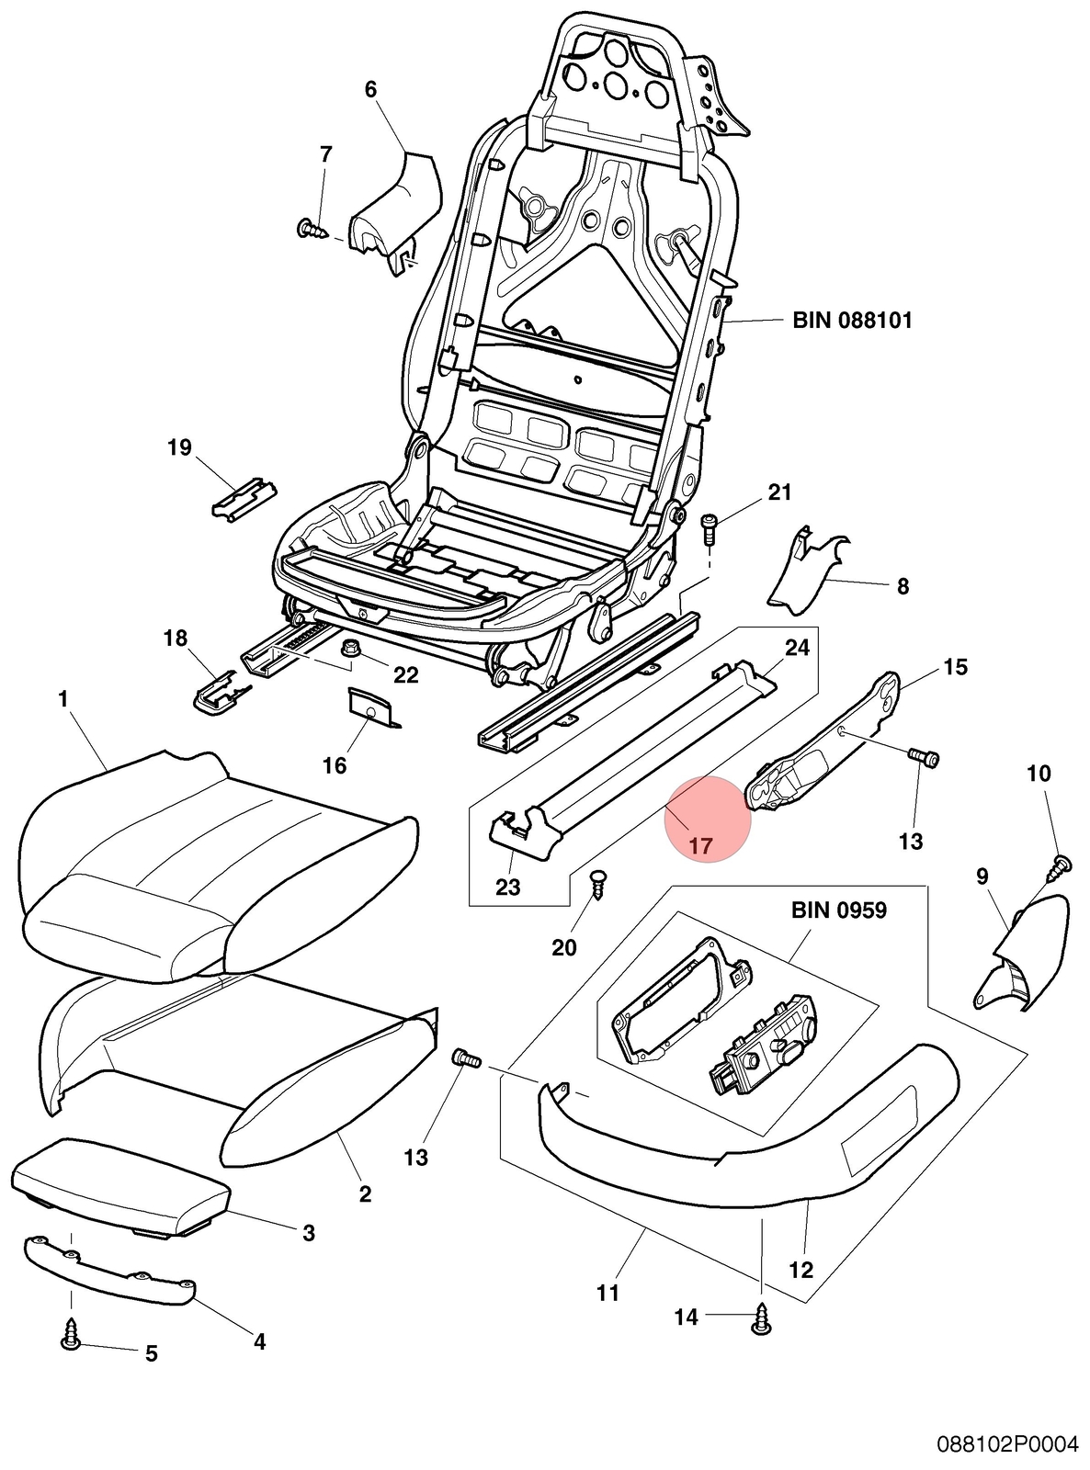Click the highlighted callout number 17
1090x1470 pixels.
pyautogui.click(x=700, y=845)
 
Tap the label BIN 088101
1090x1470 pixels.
pyautogui.click(x=852, y=321)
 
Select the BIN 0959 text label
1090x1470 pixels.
pyautogui.click(x=839, y=910)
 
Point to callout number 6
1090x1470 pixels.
pyautogui.click(x=370, y=89)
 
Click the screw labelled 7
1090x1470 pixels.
pyautogui.click(x=313, y=230)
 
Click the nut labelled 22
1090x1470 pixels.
pyautogui.click(x=348, y=648)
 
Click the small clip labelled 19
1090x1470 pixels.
pyautogui.click(x=244, y=497)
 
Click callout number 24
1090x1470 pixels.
pyautogui.click(x=797, y=647)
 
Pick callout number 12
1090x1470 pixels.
pyautogui.click(x=800, y=1269)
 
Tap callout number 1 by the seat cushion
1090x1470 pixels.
pyautogui.click(x=63, y=698)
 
